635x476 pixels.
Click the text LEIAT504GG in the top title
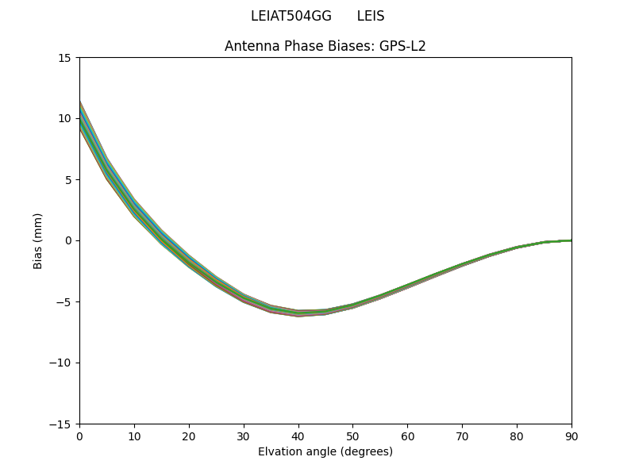291,16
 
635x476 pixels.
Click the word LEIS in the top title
371,16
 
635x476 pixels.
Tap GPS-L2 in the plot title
405,46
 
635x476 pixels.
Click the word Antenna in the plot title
249,46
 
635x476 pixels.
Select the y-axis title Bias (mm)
37,240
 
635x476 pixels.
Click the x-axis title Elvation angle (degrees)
325,451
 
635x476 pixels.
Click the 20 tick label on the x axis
189,436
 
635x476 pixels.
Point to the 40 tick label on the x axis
298,436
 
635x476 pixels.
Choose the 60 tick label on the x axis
407,436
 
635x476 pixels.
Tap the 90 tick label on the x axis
571,436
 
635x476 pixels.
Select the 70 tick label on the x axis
462,436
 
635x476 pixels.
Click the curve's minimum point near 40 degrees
298,313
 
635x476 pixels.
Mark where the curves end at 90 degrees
571,240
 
